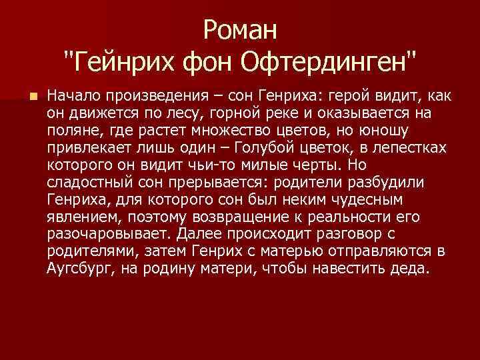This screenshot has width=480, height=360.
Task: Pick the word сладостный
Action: click(x=85, y=182)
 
